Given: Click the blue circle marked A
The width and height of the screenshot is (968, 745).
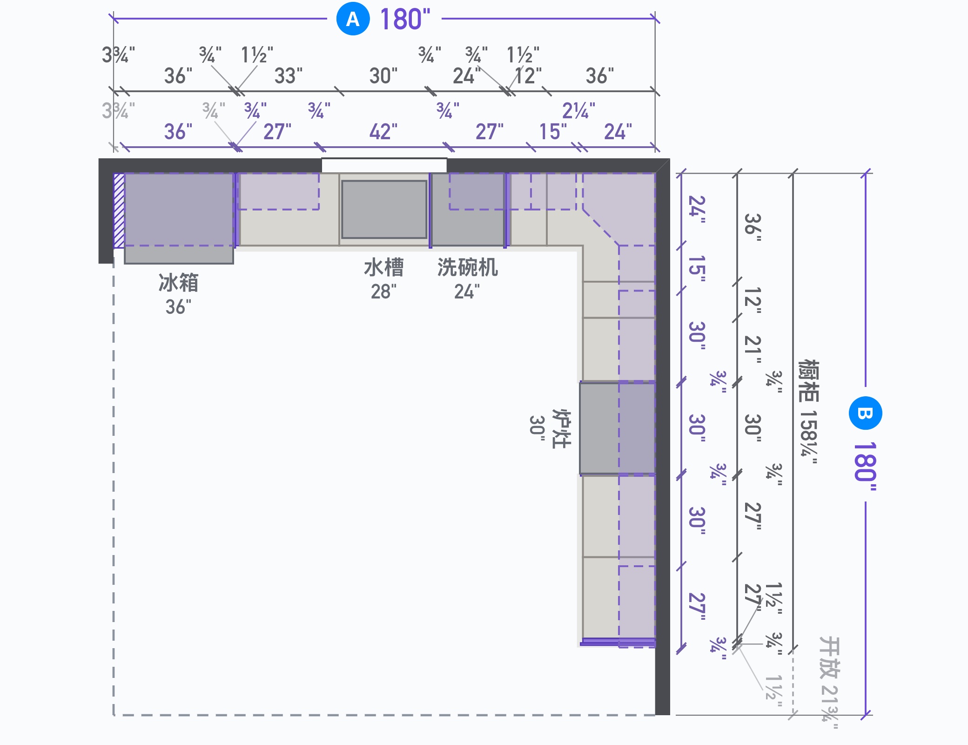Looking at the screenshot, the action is tap(353, 19).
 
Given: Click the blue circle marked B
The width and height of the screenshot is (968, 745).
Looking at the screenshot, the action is tap(865, 413).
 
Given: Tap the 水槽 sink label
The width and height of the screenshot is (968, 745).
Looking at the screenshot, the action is tap(384, 268).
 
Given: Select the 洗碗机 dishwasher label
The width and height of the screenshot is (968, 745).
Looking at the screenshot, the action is tap(467, 268).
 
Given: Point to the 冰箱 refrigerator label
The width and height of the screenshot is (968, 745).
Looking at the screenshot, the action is tap(179, 283).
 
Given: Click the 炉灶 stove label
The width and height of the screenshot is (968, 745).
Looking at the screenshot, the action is tap(561, 428).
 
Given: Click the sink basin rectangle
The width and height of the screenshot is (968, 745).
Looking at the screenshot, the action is tap(384, 210).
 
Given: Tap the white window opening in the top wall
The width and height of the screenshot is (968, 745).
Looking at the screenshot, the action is tap(384, 165).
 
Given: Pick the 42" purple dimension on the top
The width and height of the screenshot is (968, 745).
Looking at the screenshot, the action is tap(383, 132).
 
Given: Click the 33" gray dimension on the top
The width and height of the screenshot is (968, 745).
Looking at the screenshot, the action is tap(289, 76).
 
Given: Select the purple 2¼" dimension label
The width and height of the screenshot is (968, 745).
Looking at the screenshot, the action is tap(578, 111).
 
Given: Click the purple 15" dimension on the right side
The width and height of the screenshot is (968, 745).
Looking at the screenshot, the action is tap(697, 269).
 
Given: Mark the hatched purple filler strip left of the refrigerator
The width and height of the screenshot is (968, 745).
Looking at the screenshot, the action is tap(119, 210).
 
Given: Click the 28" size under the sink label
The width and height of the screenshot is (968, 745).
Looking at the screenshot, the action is tap(384, 292).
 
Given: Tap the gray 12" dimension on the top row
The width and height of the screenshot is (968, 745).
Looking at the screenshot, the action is tap(529, 76).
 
